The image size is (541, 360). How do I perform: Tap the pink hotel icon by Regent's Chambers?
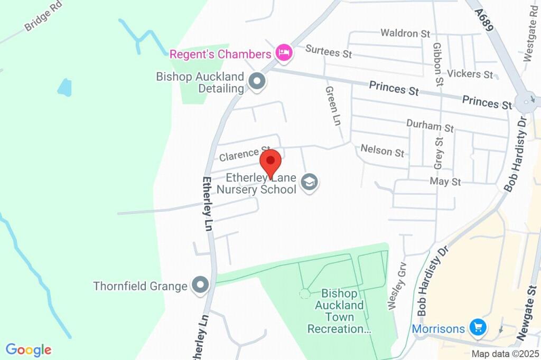284,53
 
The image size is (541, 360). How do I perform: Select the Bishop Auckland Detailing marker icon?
257,82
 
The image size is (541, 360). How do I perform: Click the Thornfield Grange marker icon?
200,286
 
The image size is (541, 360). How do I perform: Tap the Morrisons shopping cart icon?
478,328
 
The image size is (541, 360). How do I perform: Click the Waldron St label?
405,33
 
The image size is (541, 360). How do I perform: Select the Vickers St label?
470,74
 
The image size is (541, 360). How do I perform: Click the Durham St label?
430,126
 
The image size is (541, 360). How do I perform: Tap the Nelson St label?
382,151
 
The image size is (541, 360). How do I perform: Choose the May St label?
445,182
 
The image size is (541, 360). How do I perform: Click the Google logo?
29,349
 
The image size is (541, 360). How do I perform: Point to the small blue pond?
64,88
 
